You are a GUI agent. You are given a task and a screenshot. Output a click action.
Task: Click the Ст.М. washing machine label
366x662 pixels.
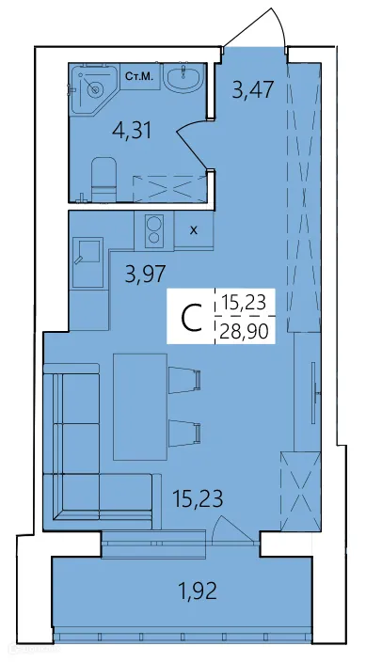point(140,75)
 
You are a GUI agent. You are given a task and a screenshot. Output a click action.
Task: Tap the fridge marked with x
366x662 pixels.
point(193,229)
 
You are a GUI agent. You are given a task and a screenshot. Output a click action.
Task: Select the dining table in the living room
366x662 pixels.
point(139,408)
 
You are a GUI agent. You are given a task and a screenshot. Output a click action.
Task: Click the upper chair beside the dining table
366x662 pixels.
point(185,378)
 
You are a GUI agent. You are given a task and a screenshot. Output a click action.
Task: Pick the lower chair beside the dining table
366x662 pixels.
point(185,432)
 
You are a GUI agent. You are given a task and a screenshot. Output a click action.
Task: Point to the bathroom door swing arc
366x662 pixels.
point(193,141)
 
